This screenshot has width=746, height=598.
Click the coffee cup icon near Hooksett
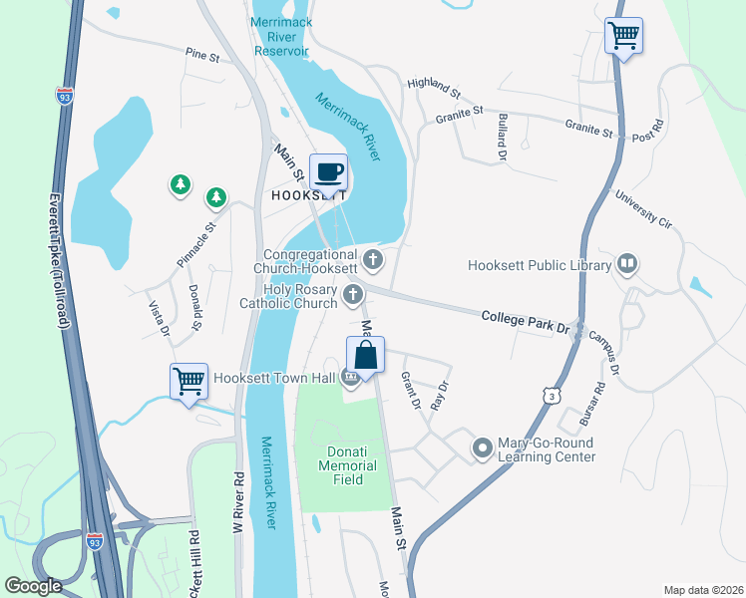328,172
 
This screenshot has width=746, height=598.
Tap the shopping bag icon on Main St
365,355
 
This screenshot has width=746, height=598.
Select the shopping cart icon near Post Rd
624,37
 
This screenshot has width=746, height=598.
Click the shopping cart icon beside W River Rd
188,382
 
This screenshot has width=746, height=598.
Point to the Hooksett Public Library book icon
626,264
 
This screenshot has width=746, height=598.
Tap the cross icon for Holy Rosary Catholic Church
353,294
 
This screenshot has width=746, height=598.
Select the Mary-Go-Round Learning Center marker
483,448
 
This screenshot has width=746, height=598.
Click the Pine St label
201,56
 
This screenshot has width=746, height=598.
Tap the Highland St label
433,89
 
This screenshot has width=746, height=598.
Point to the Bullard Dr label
501,138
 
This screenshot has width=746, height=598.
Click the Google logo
33,586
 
